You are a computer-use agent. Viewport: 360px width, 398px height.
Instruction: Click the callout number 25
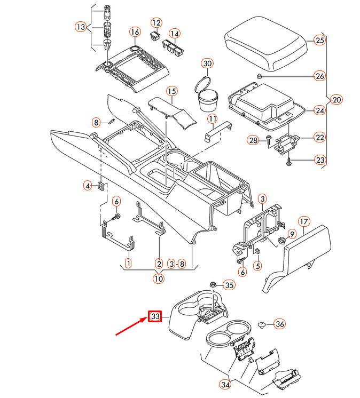pos(319,41)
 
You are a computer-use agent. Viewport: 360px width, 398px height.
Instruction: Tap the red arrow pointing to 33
pos(131,327)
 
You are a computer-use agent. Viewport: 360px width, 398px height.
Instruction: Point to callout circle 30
pos(207,64)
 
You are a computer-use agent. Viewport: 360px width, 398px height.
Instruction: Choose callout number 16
pos(135,33)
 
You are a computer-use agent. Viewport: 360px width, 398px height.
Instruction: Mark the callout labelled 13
pos(80,27)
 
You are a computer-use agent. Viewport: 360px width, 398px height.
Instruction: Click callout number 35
pos(229,285)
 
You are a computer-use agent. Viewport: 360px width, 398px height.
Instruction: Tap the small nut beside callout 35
pos(213,285)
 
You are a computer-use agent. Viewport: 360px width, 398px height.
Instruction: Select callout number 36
pos(280,324)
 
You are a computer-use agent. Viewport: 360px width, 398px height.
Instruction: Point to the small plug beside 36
pos(262,324)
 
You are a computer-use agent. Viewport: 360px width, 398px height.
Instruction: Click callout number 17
pos(303,221)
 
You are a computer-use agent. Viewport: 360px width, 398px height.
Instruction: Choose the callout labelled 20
pos(336,99)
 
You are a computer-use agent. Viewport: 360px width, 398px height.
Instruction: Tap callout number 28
pos(253,140)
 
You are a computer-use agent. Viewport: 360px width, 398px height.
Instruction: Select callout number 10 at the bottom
pos(159,278)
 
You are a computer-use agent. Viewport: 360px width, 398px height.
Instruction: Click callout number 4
pos(88,186)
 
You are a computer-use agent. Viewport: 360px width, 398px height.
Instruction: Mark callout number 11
pos(213,118)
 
